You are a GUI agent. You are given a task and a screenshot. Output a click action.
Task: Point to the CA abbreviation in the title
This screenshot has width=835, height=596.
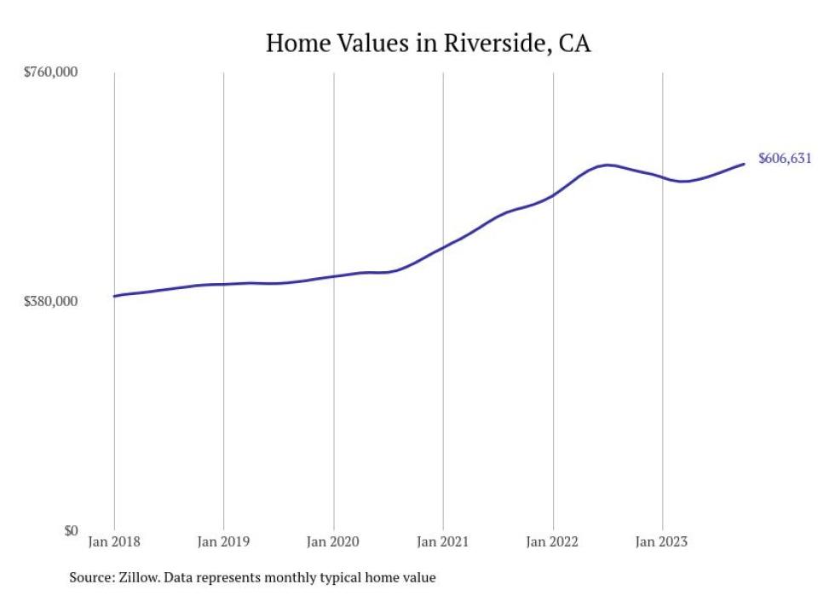pyautogui.click(x=574, y=43)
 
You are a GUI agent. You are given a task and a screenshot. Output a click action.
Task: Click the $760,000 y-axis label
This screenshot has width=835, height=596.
pyautogui.click(x=49, y=72)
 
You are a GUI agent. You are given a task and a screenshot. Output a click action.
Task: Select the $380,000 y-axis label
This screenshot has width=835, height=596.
pyautogui.click(x=49, y=301)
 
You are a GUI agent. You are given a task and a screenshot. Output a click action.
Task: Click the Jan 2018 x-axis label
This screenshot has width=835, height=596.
pyautogui.click(x=114, y=541)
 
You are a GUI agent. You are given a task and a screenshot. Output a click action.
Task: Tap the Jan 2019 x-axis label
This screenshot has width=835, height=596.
pyautogui.click(x=223, y=541)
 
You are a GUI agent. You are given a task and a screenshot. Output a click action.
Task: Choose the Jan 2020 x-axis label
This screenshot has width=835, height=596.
pyautogui.click(x=333, y=541)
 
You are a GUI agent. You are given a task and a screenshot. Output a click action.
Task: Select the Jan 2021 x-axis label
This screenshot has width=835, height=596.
pyautogui.click(x=443, y=541)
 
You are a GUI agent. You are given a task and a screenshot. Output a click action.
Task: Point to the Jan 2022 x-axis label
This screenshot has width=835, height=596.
pyautogui.click(x=553, y=541)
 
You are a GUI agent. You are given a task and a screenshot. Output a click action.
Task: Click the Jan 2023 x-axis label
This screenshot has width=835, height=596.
pyautogui.click(x=662, y=541)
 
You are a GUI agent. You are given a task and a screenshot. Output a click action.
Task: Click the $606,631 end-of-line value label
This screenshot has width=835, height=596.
pyautogui.click(x=784, y=159)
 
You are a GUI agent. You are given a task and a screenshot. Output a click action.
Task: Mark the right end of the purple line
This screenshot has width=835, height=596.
pyautogui.click(x=745, y=164)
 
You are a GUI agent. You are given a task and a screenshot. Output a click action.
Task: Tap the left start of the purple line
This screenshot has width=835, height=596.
pyautogui.click(x=114, y=297)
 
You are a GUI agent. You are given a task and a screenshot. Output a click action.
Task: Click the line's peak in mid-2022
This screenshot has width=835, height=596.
pyautogui.click(x=606, y=165)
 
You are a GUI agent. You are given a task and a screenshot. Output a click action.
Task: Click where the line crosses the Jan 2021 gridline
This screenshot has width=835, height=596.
pyautogui.click(x=443, y=247)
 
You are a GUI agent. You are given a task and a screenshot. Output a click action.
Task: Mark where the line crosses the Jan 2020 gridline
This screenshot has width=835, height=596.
pyautogui.click(x=333, y=276)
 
